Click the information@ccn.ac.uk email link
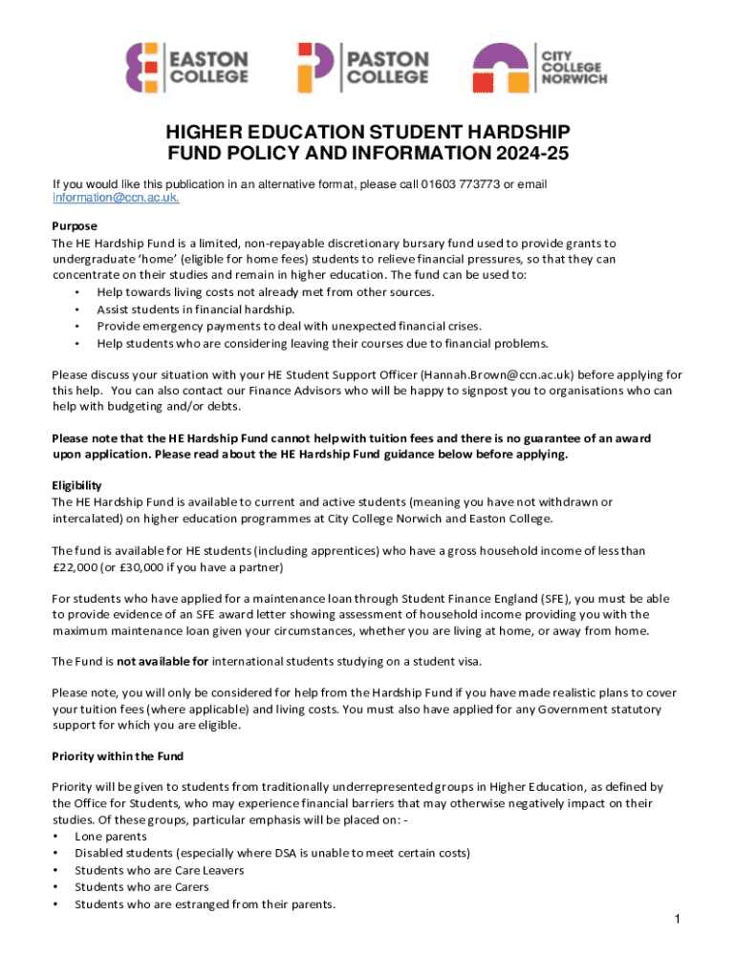(x=116, y=198)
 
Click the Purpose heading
(x=75, y=226)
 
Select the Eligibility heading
(x=76, y=485)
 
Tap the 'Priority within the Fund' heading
(x=118, y=756)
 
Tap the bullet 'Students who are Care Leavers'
(x=159, y=870)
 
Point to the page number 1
(x=676, y=919)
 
